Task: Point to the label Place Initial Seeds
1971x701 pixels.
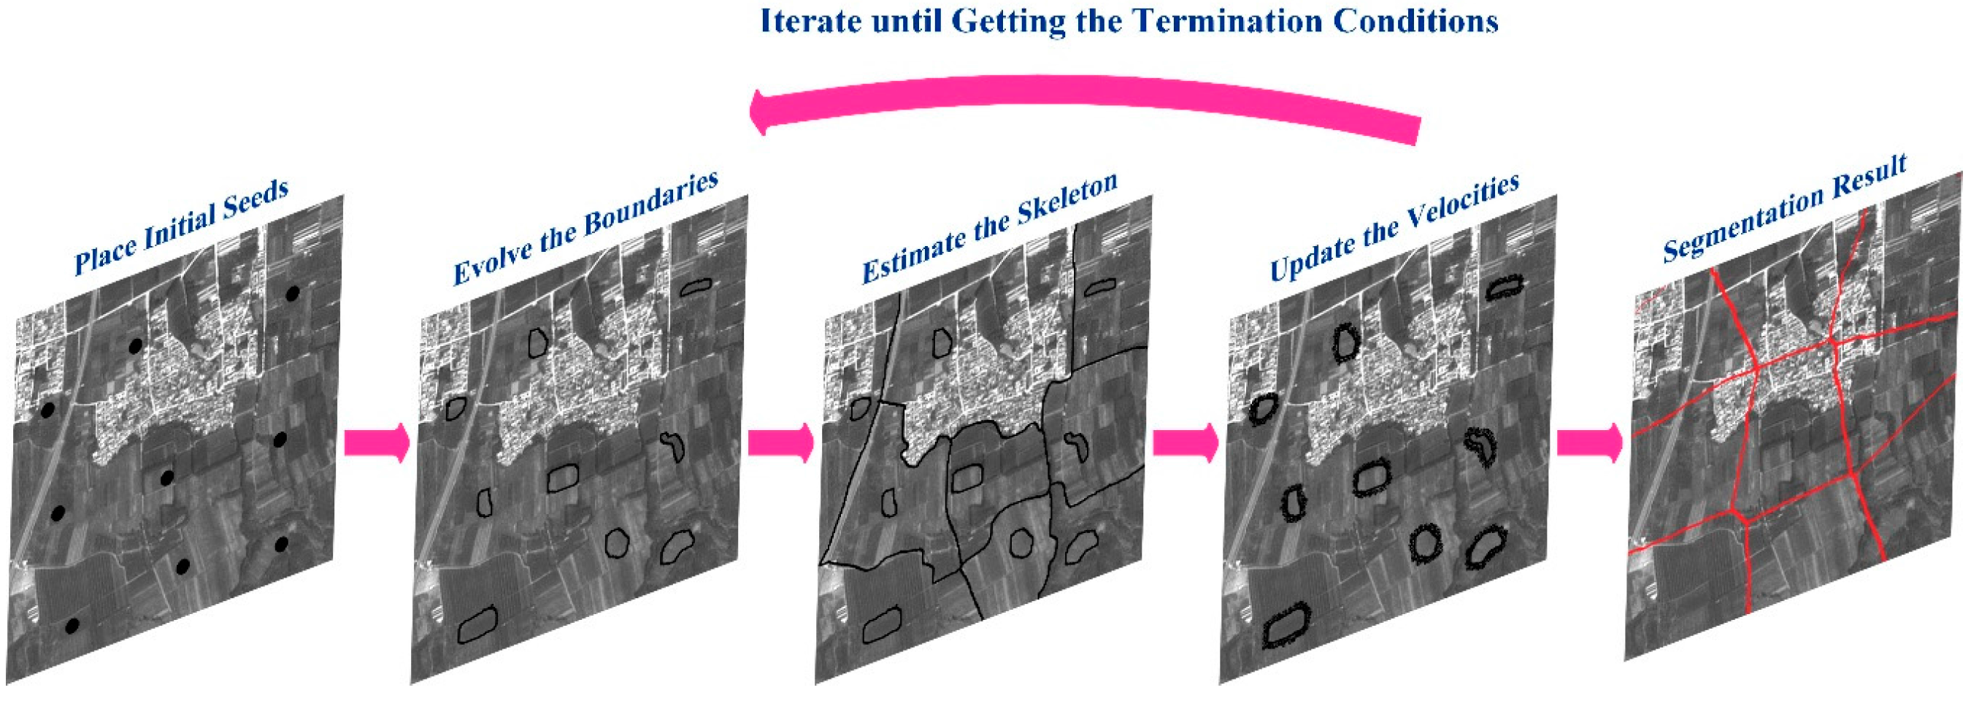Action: click(x=181, y=227)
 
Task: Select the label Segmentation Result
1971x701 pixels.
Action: click(x=1784, y=208)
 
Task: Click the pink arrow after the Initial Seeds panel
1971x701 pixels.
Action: click(x=377, y=443)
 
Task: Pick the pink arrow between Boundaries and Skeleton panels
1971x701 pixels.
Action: click(x=780, y=443)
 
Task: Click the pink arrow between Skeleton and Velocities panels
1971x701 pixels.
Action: click(x=1186, y=443)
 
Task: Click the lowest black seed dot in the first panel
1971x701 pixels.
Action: click(x=72, y=648)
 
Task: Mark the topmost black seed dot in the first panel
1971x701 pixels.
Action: click(x=291, y=293)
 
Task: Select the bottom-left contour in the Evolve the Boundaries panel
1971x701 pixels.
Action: click(x=477, y=624)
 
